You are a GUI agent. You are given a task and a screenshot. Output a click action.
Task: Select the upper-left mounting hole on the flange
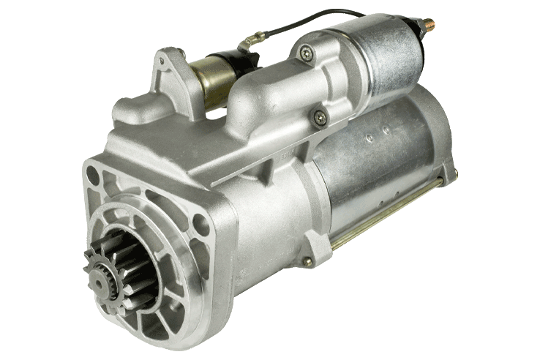coord(92,175)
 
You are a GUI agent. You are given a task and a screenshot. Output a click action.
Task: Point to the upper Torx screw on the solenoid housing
coord(305,52)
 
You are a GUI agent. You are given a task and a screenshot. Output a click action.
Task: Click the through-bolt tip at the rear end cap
coord(454,173)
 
